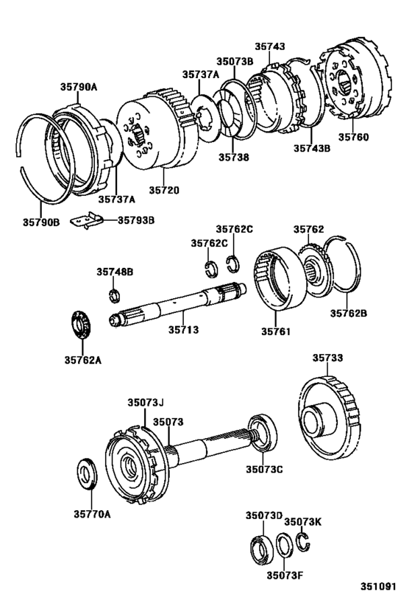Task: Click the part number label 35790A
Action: point(79,87)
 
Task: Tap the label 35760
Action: point(353,137)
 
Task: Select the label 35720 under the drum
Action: point(165,190)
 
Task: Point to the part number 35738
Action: point(233,157)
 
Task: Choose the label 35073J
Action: point(145,403)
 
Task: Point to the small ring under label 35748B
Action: point(114,296)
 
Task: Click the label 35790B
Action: point(40,221)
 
